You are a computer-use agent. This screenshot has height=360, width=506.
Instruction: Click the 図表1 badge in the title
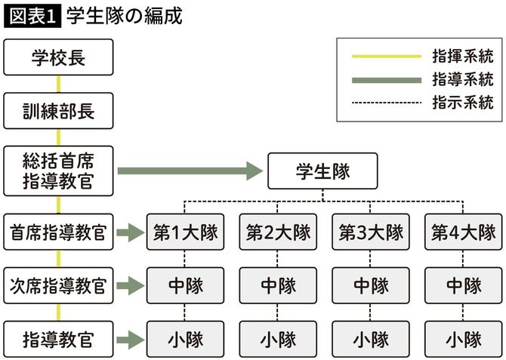32,16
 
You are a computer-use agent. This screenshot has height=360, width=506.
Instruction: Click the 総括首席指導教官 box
58,171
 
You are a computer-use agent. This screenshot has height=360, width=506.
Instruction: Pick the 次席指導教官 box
58,286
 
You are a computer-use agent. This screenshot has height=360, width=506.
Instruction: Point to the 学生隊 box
323,171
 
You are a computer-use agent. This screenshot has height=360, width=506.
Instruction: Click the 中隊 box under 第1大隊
185,286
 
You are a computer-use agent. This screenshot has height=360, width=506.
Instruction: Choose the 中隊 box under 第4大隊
463,286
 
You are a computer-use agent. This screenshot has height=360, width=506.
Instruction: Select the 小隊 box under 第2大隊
278,339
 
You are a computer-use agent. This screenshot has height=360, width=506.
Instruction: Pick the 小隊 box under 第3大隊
371,339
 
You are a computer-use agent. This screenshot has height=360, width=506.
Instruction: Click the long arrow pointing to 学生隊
189,171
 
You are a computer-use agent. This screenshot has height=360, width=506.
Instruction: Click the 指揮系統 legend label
462,56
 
